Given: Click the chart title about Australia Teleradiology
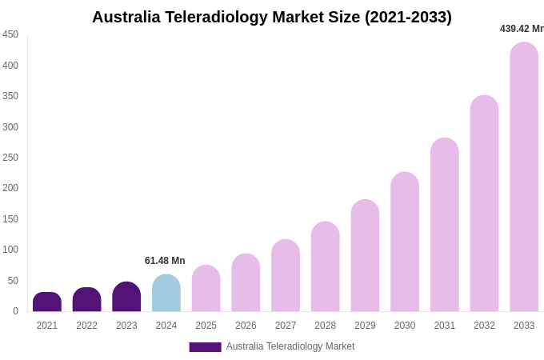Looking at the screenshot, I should coord(271,17).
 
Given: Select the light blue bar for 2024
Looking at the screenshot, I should coord(166,294).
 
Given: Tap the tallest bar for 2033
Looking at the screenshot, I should coord(524,177).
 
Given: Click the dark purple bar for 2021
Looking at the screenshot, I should coord(47,302).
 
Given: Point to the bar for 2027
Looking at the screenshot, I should coord(286,275).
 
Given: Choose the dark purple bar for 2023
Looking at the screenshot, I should coord(126,297).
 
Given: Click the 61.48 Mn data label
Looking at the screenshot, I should coord(165,261).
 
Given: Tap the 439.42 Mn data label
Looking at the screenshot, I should coord(522,29).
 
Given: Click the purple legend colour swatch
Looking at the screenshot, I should coord(205,347).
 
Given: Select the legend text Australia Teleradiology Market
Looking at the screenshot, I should coord(290,346).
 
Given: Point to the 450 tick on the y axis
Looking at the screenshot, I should coord(10,34).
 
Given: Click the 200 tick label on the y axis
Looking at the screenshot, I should coord(10,188).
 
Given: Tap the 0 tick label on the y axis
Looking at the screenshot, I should coord(15,311).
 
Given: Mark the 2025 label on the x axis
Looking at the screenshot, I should coord(206,326).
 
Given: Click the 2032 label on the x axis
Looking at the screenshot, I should coord(484,326).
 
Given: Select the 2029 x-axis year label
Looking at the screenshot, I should coord(365,326).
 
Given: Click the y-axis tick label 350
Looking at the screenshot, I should coord(10,96).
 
